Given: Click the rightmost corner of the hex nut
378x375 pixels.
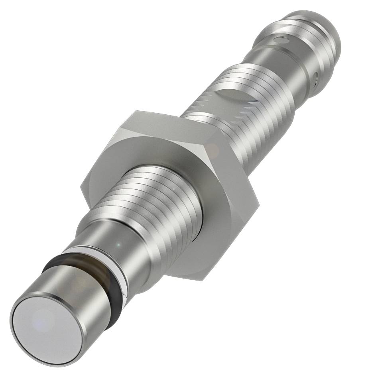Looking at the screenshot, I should pyautogui.click(x=259, y=204).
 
